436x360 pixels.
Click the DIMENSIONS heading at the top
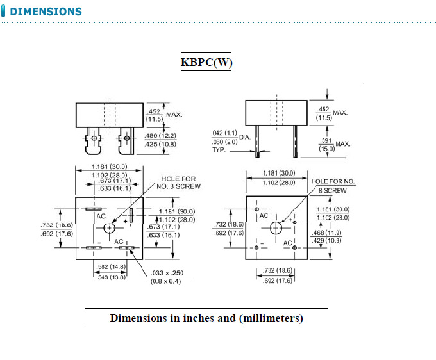point(46,12)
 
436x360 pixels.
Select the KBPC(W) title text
point(206,62)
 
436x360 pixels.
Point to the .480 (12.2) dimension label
point(160,136)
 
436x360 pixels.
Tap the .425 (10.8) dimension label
point(160,144)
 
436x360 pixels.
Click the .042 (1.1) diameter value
point(224,133)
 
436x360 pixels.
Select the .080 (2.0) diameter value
point(224,142)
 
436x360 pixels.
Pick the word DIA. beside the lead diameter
point(246,137)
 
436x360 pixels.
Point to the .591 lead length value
point(325,140)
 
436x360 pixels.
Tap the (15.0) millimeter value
point(326,149)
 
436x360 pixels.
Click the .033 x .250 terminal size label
point(166,273)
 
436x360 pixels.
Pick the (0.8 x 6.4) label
point(166,282)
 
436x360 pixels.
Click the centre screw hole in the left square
point(110,227)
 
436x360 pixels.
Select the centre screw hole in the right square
point(276,227)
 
